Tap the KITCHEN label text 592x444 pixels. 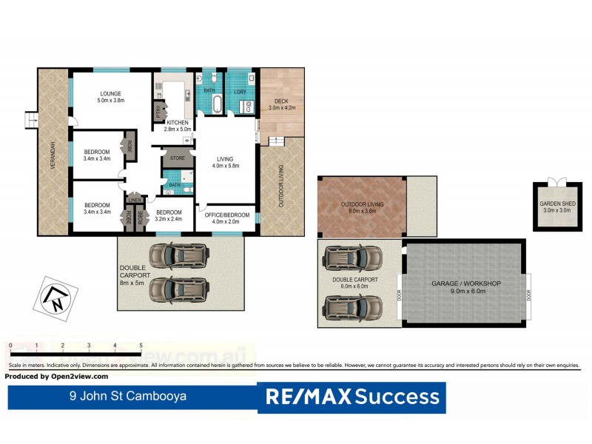[x=178, y=122]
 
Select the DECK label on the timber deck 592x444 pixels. [x=280, y=101]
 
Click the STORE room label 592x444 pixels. [x=178, y=158]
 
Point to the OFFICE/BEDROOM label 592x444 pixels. [x=227, y=215]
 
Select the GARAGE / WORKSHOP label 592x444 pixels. [x=466, y=284]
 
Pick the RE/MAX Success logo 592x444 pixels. [x=352, y=397]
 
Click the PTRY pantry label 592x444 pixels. [x=158, y=113]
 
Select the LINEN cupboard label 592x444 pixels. [x=135, y=200]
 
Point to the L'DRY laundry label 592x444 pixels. [x=240, y=92]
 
